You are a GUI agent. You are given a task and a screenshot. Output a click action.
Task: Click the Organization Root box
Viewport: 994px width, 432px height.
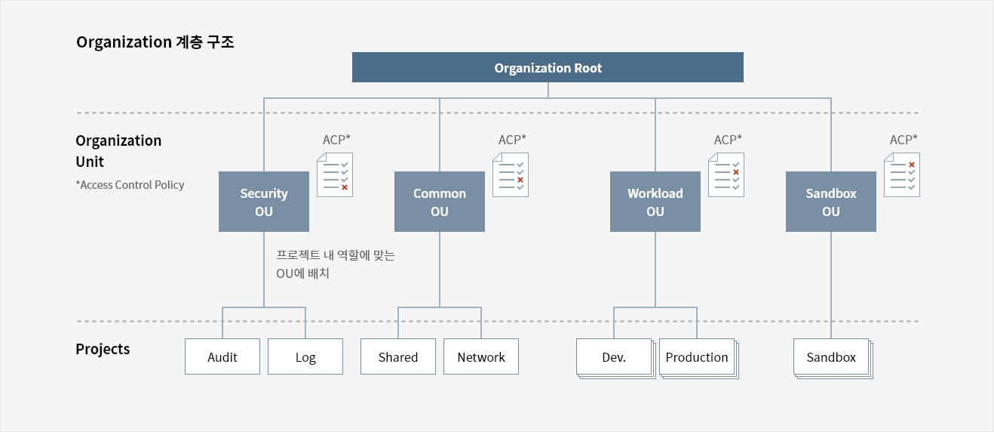(548, 67)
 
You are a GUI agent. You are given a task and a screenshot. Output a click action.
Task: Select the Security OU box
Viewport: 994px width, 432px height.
(264, 202)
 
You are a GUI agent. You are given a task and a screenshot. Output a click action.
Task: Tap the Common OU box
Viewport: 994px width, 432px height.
(440, 202)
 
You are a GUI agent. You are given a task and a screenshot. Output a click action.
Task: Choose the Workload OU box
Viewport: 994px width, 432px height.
(655, 202)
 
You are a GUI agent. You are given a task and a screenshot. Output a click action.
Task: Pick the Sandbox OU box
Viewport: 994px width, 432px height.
(830, 202)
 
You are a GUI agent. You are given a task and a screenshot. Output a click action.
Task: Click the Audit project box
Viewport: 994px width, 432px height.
(222, 356)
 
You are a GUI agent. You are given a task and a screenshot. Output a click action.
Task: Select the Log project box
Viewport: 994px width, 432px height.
(305, 356)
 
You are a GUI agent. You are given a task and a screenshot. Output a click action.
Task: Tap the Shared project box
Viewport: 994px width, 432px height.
(398, 356)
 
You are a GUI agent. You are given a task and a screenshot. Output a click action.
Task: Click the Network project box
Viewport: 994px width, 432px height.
(481, 356)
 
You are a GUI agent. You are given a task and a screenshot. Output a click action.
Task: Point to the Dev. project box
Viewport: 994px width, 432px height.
(615, 357)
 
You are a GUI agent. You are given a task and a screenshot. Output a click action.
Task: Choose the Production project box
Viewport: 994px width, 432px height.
(698, 357)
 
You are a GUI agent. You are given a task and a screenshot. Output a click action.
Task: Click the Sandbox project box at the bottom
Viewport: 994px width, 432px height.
(832, 357)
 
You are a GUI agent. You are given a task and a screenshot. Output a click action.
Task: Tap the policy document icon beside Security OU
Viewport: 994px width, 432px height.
(335, 174)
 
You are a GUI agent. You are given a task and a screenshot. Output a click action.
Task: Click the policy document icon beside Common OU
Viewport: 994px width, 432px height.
(511, 174)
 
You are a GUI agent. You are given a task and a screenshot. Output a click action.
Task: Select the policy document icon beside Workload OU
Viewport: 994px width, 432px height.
(726, 174)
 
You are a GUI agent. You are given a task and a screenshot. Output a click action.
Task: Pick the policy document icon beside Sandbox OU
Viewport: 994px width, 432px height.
(902, 174)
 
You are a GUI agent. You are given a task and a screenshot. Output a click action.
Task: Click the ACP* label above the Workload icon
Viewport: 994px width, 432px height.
(728, 140)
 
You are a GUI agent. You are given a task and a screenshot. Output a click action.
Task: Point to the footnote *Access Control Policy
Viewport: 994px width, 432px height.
(130, 185)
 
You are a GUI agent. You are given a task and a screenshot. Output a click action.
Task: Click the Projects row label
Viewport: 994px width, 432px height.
(103, 350)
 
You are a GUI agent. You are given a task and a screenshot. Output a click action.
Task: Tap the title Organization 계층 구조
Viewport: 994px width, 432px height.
(155, 42)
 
